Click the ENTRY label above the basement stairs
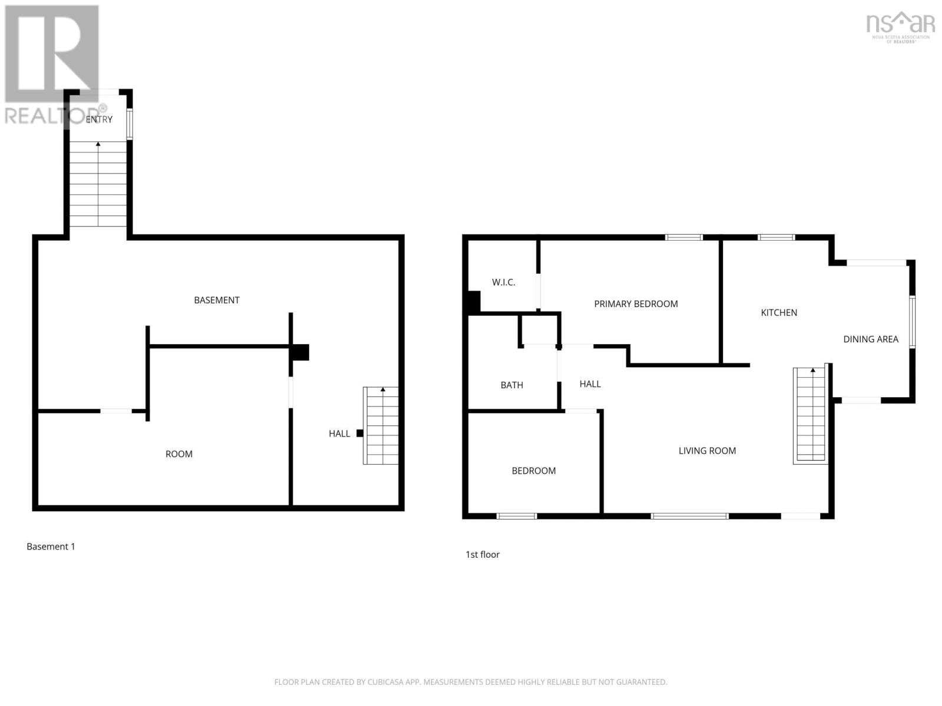pyautogui.click(x=99, y=119)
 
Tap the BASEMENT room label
pyautogui.click(x=217, y=300)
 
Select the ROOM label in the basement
pyautogui.click(x=179, y=454)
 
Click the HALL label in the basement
pyautogui.click(x=339, y=434)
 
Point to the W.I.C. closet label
pyautogui.click(x=503, y=282)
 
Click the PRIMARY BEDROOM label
pyautogui.click(x=636, y=304)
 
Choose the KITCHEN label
pyautogui.click(x=779, y=312)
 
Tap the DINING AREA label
pyautogui.click(x=870, y=339)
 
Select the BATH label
pyautogui.click(x=512, y=385)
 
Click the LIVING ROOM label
pyautogui.click(x=707, y=451)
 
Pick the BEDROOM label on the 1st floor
pyautogui.click(x=533, y=471)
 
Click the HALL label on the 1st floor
pyautogui.click(x=590, y=384)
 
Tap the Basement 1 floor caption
pyautogui.click(x=51, y=547)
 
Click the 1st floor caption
pyautogui.click(x=482, y=554)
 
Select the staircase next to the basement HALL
pyautogui.click(x=382, y=425)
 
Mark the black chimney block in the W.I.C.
pyautogui.click(x=473, y=302)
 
